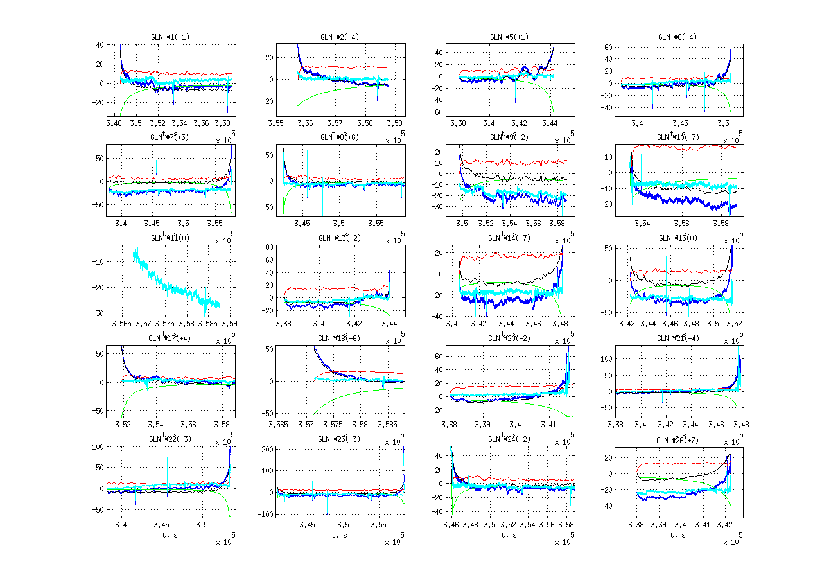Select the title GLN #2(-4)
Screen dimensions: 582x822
coord(340,37)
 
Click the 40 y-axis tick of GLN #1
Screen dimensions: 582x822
coord(100,45)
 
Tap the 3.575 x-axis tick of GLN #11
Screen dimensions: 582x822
coord(165,324)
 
